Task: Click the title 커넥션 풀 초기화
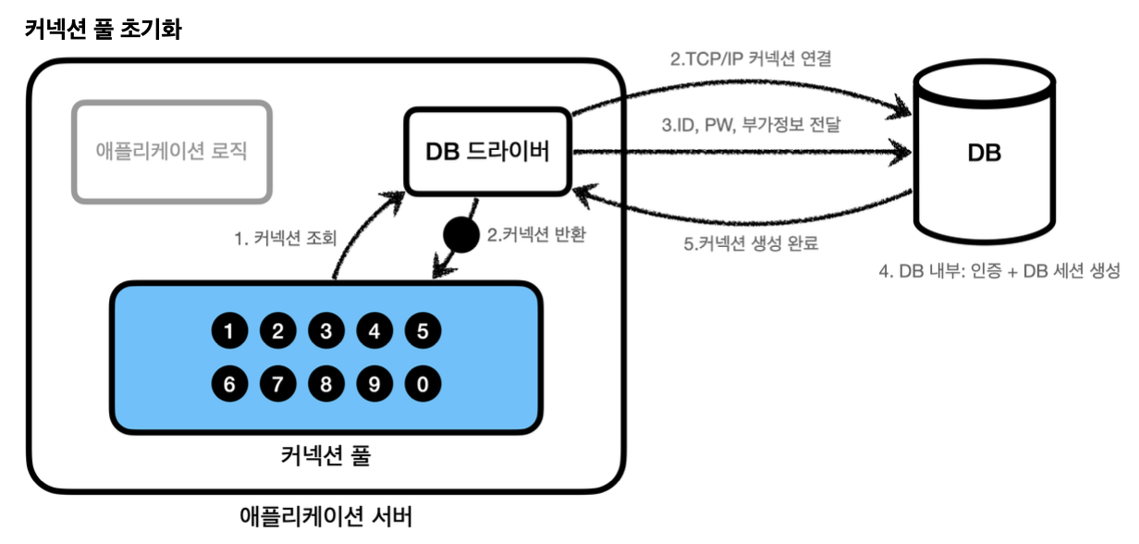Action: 103,30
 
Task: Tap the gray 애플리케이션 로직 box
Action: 172,152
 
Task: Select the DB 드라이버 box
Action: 487,152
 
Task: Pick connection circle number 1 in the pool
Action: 228,330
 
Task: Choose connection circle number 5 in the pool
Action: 423,330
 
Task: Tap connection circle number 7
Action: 276,384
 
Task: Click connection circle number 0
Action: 423,384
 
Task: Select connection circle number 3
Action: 325,330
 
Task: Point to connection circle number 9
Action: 374,384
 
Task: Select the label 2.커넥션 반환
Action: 536,235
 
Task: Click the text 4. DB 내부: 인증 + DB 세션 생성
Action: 998,272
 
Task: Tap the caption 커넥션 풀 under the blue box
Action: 325,456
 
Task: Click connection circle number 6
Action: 228,384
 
